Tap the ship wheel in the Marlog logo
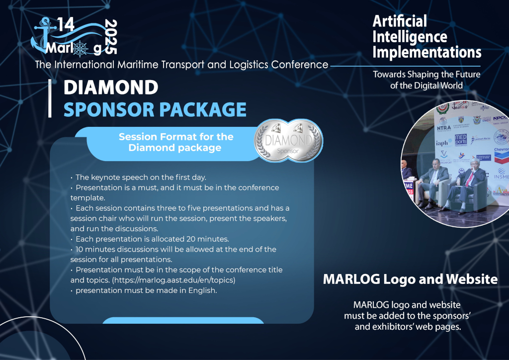pos(81,49)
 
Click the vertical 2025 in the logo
pos(111,37)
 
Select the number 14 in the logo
pos(66,25)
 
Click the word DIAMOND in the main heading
pos(111,88)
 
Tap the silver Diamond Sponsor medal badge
pos(288,140)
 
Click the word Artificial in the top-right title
pos(400,21)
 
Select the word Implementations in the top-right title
pos(427,52)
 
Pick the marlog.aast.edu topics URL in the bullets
pos(173,280)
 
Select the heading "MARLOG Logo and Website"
pos(410,279)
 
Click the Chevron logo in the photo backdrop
pos(502,155)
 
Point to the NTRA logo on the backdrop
pos(444,125)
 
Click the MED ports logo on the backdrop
pos(461,140)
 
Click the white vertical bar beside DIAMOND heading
pos(50,98)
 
